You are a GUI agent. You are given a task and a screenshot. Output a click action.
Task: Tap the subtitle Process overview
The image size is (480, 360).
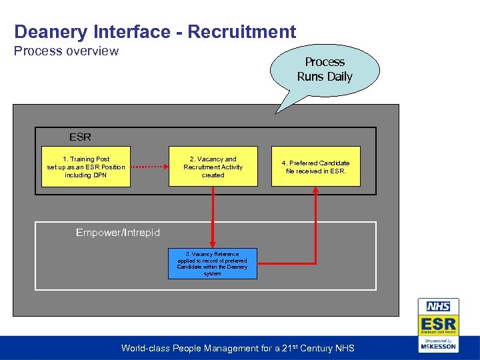67,51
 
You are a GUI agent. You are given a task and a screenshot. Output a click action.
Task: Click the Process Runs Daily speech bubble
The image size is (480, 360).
325,69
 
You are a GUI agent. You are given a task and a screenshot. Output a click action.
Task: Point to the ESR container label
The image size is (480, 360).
80,137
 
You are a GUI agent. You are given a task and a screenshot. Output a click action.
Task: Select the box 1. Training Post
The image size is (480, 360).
86,167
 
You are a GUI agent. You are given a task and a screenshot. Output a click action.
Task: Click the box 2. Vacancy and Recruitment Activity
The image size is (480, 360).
213,167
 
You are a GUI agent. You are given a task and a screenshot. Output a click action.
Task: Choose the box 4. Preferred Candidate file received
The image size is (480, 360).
315,167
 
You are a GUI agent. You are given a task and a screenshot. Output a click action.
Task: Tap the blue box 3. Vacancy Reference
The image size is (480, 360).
212,263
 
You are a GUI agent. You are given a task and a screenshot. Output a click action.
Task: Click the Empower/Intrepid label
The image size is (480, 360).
118,232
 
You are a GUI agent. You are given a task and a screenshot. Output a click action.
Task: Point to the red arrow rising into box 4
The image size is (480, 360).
315,220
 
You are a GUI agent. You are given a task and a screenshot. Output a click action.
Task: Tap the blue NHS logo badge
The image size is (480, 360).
438,307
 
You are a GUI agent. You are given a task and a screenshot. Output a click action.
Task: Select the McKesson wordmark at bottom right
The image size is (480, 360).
438,346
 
